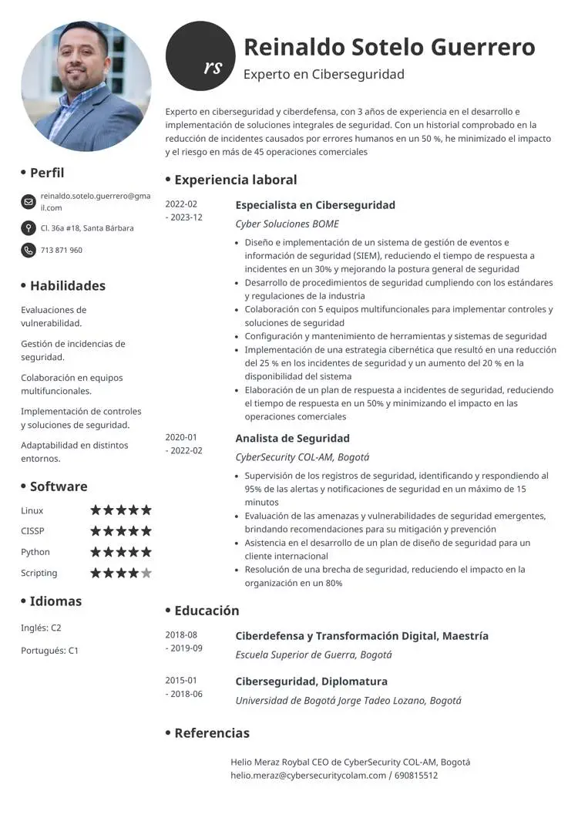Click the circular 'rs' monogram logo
200,56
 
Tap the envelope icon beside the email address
29,202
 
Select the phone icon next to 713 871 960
29,250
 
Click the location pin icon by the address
29,228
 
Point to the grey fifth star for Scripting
146,573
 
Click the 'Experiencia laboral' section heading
235,180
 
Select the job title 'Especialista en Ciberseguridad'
314,205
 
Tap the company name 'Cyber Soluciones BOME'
287,224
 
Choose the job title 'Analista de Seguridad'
292,439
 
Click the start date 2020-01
181,437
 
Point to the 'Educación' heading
207,611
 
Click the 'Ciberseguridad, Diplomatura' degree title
311,682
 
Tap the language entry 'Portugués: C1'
49,650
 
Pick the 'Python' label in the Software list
35,552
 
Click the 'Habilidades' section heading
67,285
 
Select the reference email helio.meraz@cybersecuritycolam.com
308,775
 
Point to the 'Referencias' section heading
211,733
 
